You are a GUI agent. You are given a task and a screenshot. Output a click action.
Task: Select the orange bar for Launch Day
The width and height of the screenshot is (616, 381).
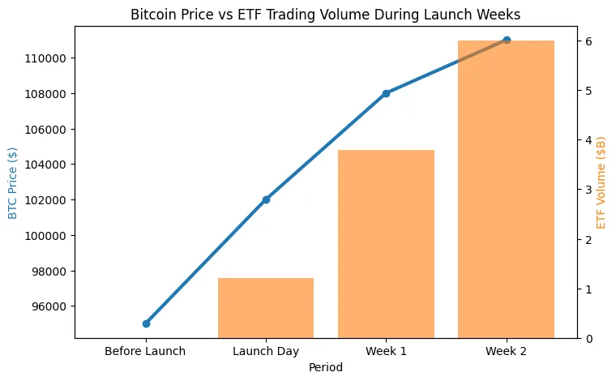click(x=266, y=308)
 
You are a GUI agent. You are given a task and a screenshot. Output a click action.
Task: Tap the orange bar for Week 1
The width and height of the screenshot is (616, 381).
click(x=386, y=243)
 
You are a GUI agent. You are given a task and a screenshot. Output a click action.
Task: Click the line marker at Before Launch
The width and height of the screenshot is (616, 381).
click(x=146, y=323)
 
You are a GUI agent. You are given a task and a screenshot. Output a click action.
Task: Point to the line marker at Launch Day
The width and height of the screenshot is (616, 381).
click(x=266, y=199)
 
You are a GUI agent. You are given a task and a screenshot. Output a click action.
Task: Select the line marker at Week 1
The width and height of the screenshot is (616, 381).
click(x=386, y=93)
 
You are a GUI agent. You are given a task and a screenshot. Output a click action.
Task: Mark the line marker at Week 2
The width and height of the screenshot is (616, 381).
click(x=507, y=40)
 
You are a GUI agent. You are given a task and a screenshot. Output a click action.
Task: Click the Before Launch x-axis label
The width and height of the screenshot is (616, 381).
click(x=146, y=351)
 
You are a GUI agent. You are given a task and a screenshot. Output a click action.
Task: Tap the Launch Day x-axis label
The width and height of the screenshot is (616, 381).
click(x=266, y=351)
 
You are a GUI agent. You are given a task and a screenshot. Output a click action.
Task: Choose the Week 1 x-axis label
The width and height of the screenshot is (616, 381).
click(x=386, y=351)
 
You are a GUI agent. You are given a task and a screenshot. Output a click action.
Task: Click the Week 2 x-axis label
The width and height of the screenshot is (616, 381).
click(x=506, y=351)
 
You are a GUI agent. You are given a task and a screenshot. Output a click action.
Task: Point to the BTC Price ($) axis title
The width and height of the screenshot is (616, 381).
click(x=12, y=182)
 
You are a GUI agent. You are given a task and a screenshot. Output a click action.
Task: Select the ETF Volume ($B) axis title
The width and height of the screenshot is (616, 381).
click(x=601, y=182)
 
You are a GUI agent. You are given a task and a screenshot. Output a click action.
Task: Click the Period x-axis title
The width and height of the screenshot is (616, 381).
click(x=326, y=367)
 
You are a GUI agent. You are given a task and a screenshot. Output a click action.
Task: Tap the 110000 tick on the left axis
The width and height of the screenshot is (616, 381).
click(x=49, y=58)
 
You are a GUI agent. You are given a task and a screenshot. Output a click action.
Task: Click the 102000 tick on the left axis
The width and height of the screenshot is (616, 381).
click(x=49, y=200)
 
